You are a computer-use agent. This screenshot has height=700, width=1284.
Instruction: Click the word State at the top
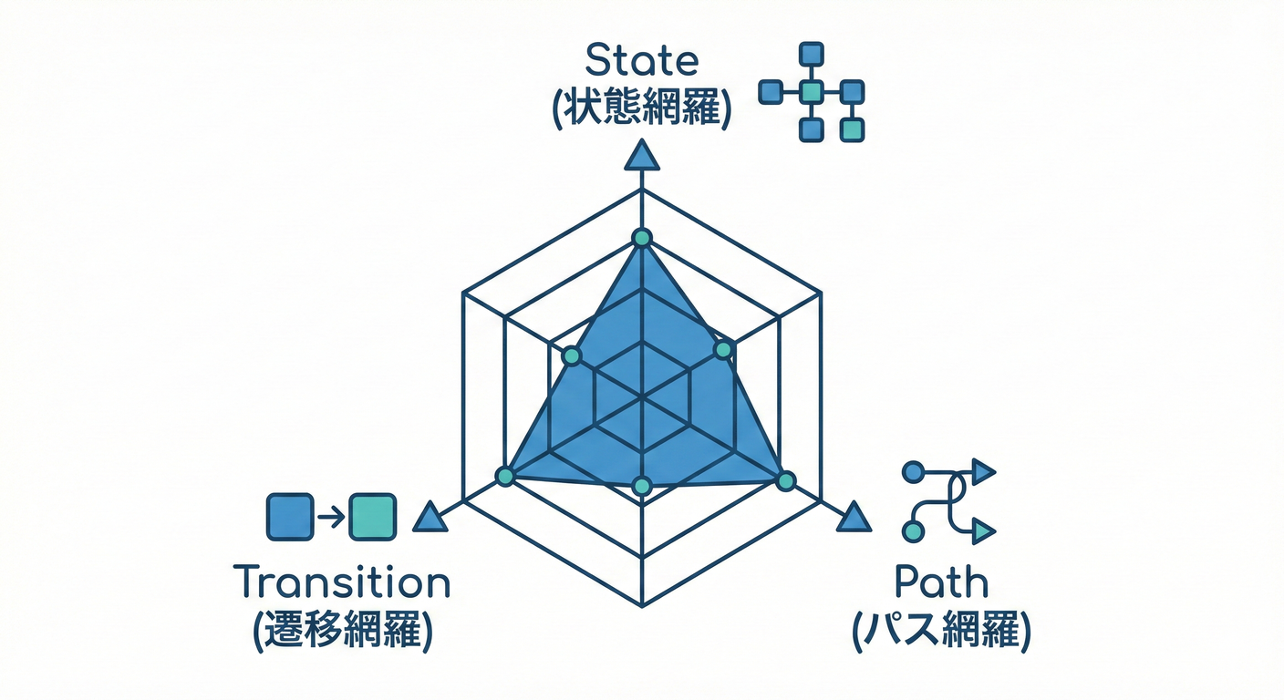point(641,61)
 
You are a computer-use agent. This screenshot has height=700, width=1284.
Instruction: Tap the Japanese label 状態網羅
point(641,108)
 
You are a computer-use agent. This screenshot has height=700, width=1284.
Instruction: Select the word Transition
point(341,582)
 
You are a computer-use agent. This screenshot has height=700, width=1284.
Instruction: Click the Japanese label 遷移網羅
point(341,628)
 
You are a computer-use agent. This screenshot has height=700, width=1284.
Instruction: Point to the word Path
point(941,582)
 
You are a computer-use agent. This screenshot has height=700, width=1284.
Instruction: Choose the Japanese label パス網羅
point(941,629)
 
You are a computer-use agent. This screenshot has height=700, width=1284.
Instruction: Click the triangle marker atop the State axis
point(642,156)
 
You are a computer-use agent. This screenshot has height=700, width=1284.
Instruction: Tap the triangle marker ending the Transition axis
point(429,519)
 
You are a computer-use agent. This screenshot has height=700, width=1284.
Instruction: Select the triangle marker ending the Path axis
point(854,518)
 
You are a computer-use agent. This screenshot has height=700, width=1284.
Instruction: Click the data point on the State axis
point(642,238)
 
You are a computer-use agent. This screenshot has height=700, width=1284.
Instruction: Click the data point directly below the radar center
point(642,486)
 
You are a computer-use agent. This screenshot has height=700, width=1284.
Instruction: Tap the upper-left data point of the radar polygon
point(571,356)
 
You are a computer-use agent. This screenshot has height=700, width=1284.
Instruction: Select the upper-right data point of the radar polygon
point(723,349)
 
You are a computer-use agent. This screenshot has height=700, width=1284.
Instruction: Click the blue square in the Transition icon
point(290,516)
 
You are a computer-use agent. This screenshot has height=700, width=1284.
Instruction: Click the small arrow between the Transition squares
point(331,517)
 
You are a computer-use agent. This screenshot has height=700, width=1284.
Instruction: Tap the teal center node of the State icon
point(811,91)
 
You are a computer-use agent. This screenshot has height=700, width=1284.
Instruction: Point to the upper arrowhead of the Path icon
point(983,471)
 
